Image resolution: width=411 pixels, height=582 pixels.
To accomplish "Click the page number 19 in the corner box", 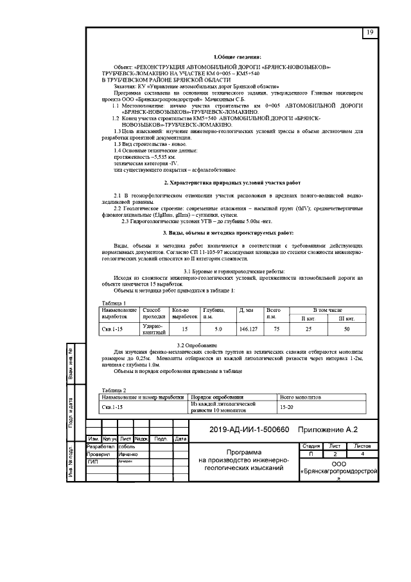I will pos(370,32).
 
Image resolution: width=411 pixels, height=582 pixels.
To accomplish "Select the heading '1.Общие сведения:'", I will pos(238,58).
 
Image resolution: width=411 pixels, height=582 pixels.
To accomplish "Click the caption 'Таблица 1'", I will pos(114,302).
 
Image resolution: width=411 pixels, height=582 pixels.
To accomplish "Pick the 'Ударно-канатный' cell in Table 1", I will pos(153,329).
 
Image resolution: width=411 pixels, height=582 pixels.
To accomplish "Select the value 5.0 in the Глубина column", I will pos(218,329).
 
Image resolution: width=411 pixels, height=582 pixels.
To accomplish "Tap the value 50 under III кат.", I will pos(347,329).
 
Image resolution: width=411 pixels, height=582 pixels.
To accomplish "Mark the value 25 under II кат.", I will pos(308,329).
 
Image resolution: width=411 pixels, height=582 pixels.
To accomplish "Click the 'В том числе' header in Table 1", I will pos(328,310).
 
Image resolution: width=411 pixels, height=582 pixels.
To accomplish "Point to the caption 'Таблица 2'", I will pos(114,390).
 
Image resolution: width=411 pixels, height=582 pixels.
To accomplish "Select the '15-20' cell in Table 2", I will pos(287,407).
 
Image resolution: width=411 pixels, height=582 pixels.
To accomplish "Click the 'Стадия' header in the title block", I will pos(311,446).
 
